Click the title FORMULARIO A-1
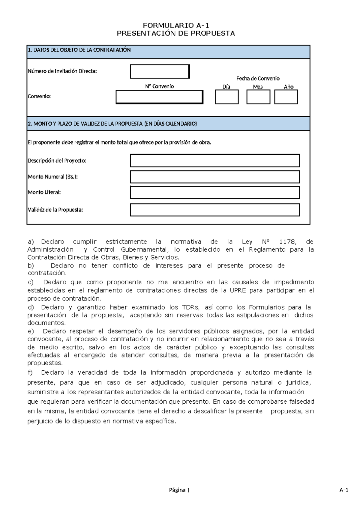[175, 25]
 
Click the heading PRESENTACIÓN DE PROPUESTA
[175, 33]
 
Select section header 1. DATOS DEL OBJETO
[79, 50]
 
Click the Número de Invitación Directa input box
[160, 72]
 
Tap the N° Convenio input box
[159, 97]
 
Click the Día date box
[227, 97]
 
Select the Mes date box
[258, 97]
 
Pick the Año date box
[286, 97]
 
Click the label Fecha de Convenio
[258, 79]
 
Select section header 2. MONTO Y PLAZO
[112, 124]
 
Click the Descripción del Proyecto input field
[215, 161]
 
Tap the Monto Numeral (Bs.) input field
[215, 177]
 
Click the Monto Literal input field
[215, 193]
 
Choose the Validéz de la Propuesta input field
[215, 210]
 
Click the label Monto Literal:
[44, 193]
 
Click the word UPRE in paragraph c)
[238, 290]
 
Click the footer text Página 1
[179, 490]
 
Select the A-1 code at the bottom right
[343, 490]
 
